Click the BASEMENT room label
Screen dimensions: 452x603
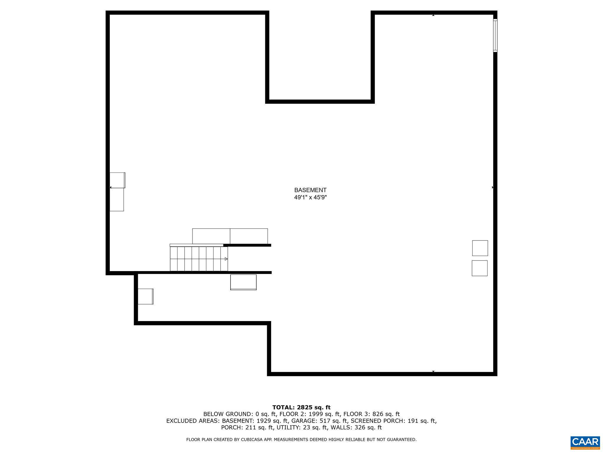point(310,190)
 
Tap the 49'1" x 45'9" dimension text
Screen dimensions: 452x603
point(310,197)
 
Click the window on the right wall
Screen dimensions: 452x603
point(495,35)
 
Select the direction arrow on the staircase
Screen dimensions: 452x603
point(226,259)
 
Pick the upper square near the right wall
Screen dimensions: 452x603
point(480,248)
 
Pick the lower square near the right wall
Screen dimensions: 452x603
point(479,268)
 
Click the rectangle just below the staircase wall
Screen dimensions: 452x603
point(243,282)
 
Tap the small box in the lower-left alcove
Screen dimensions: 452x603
point(145,296)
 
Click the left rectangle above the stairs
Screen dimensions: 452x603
point(211,236)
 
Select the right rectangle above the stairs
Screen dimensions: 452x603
point(249,236)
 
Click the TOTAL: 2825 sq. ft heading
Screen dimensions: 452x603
point(301,407)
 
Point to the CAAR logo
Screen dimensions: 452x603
point(585,442)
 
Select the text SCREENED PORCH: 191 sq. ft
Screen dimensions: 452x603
point(393,421)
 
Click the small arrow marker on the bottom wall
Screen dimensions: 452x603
point(433,371)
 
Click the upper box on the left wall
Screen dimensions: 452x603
point(117,180)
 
